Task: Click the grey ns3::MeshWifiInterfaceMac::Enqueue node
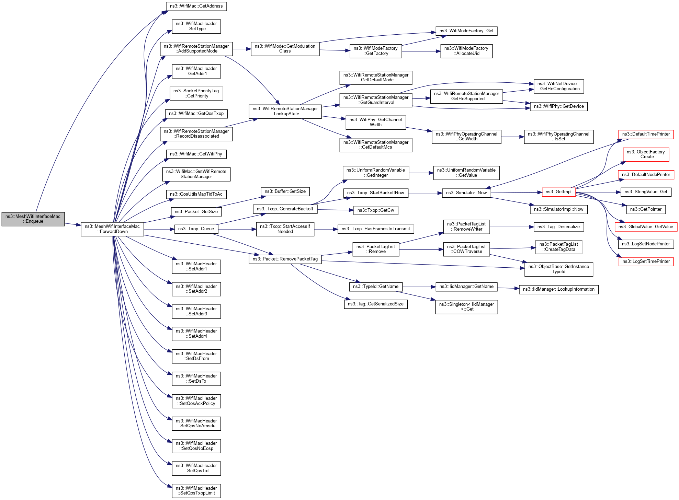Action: (33, 219)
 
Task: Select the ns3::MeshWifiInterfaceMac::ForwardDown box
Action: (112, 229)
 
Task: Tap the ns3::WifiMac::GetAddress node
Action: (196, 6)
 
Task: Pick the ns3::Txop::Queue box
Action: (196, 229)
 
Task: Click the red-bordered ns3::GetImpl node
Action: (558, 192)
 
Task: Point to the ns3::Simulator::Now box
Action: (466, 193)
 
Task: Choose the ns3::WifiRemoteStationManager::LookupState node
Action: (285, 111)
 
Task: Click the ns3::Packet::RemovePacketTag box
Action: (285, 259)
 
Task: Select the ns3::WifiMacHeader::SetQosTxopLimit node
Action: (196, 490)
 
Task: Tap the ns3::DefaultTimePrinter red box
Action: (646, 134)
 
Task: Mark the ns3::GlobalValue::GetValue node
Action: (646, 227)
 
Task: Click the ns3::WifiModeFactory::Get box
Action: (466, 31)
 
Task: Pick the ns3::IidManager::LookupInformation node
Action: (558, 289)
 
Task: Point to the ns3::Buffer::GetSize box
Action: (285, 191)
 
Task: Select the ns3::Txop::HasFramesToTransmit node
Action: (376, 229)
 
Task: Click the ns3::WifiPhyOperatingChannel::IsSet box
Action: (558, 137)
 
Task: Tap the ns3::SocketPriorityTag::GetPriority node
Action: (196, 93)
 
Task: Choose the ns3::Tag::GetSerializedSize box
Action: (376, 304)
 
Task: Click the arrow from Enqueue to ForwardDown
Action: (72, 224)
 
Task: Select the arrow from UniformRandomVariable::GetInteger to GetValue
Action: (421, 173)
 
